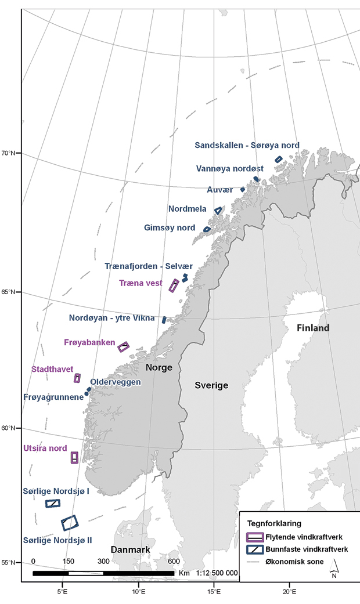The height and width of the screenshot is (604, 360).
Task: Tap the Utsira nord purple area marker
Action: [x=74, y=457]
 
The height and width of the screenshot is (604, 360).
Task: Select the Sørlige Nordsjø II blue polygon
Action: [x=70, y=523]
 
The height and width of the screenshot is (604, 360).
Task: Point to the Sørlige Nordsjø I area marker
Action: [x=53, y=503]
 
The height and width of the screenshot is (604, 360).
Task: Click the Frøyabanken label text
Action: [x=89, y=343]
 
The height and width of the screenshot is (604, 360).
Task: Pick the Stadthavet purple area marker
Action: [x=77, y=378]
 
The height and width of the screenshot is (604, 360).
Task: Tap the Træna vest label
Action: [x=141, y=284]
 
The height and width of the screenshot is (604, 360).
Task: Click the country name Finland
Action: [x=313, y=328]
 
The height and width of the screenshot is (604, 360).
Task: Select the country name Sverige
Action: [x=211, y=385]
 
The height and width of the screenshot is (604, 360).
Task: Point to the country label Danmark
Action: [x=131, y=549]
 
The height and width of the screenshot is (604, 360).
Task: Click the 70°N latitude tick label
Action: [x=9, y=153]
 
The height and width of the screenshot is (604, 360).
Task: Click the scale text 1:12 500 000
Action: [x=217, y=573]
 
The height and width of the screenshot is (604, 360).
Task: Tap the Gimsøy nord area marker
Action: [x=207, y=229]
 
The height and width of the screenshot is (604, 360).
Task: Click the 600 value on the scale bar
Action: [x=174, y=562]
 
